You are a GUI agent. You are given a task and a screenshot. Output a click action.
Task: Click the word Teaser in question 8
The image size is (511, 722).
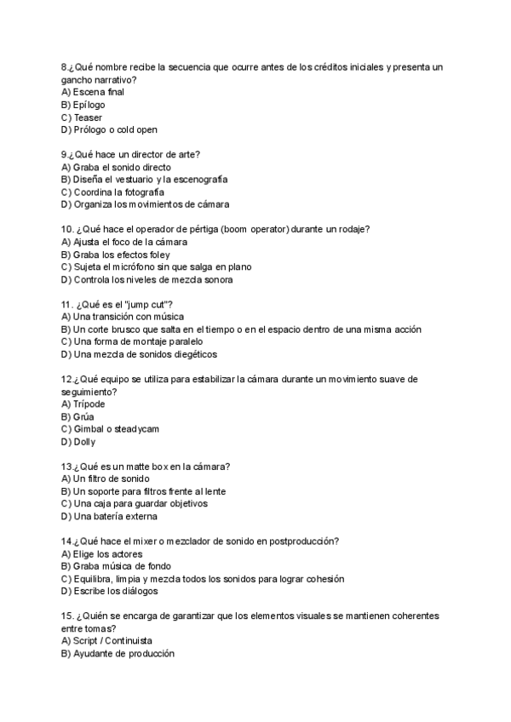pos(88,117)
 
